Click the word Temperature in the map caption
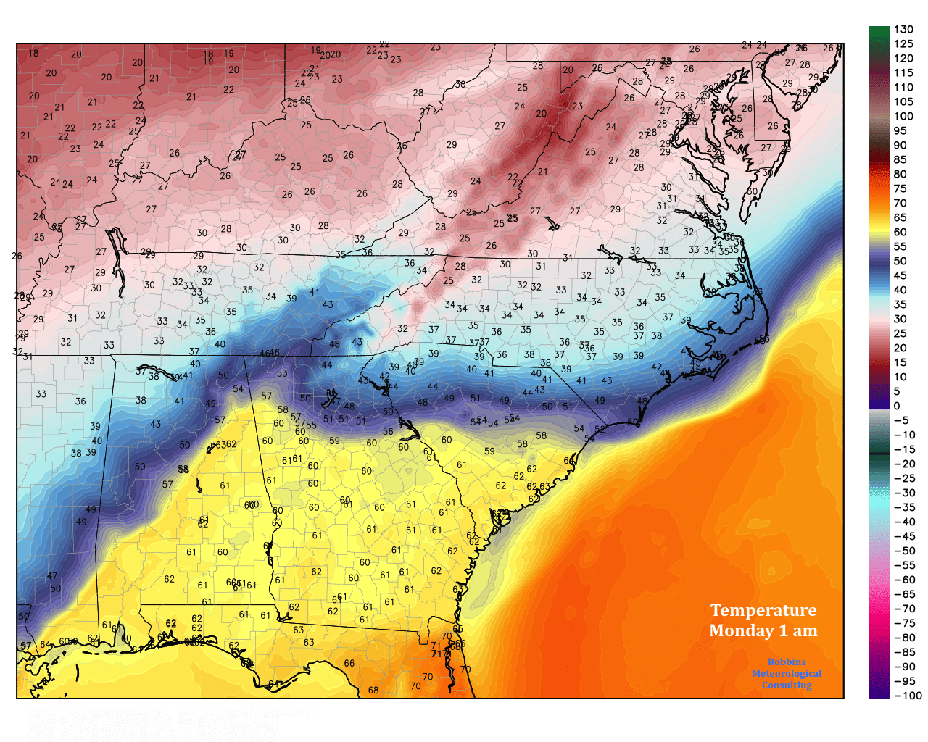pyautogui.click(x=763, y=610)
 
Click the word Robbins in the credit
pyautogui.click(x=787, y=662)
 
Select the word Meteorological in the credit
pyautogui.click(x=787, y=673)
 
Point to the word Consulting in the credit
pyautogui.click(x=787, y=685)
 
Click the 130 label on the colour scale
pyautogui.click(x=903, y=30)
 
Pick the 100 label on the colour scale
pyautogui.click(x=903, y=117)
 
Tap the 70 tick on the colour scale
pyautogui.click(x=900, y=204)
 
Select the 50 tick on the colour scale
pyautogui.click(x=900, y=262)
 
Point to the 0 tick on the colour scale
pyautogui.click(x=897, y=407)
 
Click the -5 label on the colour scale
pyautogui.click(x=900, y=421)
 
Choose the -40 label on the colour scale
pyautogui.click(x=904, y=522)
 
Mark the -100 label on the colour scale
pyautogui.click(x=907, y=696)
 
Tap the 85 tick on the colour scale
pyautogui.click(x=900, y=160)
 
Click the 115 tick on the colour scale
pyautogui.click(x=903, y=73)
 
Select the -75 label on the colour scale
pyautogui.click(x=904, y=623)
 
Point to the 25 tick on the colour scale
pyautogui.click(x=900, y=334)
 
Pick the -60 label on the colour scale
pyautogui.click(x=904, y=580)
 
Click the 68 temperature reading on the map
pyautogui.click(x=373, y=690)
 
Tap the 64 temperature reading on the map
pyautogui.click(x=45, y=645)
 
